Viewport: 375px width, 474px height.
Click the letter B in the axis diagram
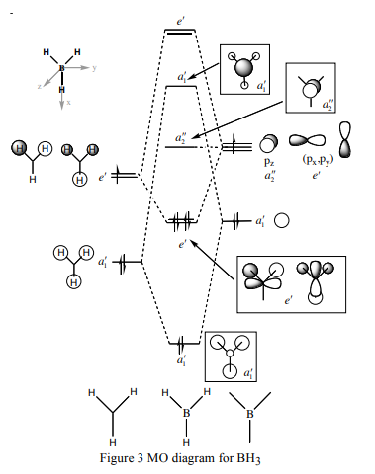61,68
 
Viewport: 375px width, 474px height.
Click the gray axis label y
94,68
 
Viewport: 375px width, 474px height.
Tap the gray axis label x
68,103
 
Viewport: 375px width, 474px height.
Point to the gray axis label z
40,86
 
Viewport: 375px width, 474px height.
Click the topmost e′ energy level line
180,32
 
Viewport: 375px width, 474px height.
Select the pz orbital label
269,162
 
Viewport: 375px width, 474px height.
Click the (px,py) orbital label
318,160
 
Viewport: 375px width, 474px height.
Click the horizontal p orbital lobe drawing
307,140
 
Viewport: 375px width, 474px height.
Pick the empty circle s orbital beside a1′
282,221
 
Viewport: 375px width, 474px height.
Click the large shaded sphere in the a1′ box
243,68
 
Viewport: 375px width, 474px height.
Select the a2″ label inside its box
328,105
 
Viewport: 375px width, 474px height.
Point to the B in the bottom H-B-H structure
186,413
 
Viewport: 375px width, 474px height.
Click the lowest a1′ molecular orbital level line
184,344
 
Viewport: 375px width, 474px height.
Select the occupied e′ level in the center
182,221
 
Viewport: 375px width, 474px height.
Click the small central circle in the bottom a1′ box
230,354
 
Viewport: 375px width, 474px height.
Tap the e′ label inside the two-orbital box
288,300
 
